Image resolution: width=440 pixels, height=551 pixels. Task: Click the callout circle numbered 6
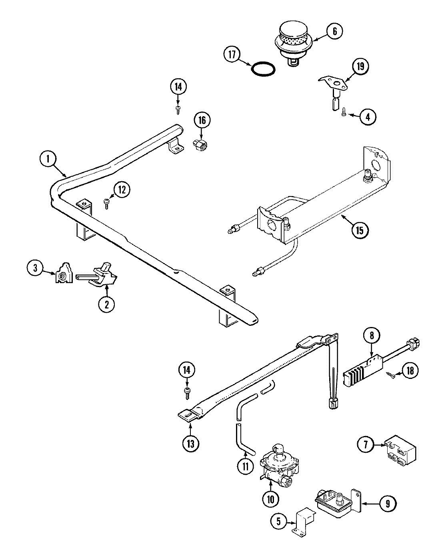334,32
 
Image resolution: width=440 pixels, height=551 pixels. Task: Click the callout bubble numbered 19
361,66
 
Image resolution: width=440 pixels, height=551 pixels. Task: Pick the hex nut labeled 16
198,146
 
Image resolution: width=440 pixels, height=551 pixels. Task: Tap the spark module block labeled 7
400,455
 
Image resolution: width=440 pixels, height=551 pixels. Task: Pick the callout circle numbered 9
388,504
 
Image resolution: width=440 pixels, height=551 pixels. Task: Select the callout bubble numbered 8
372,335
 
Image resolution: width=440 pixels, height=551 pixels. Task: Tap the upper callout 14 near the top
178,87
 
